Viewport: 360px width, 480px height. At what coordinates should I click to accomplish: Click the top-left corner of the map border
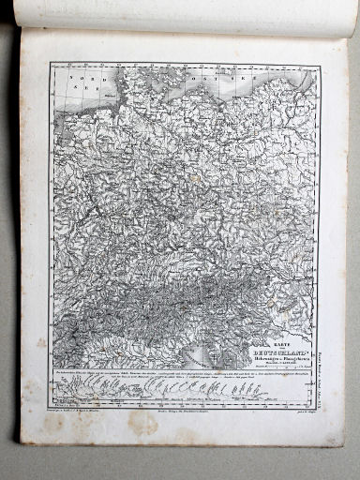(51, 64)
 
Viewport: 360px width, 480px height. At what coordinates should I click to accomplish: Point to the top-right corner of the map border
(319, 67)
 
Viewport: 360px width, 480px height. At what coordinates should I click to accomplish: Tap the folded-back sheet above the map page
(187, 13)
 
